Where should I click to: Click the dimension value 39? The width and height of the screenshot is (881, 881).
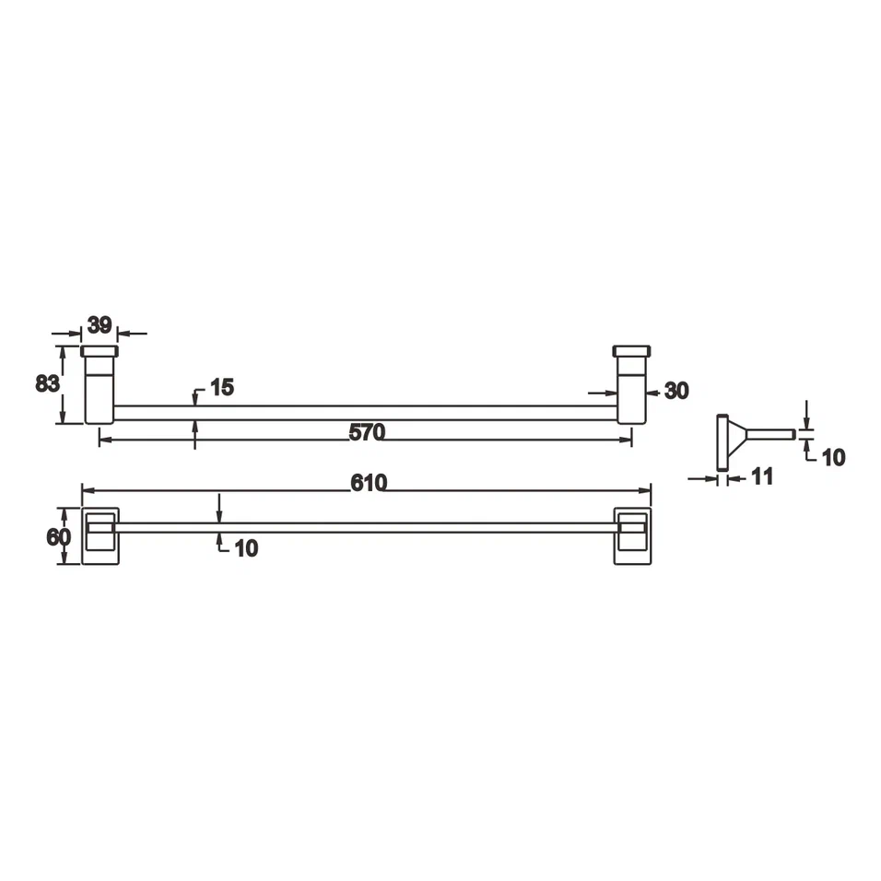coord(100,324)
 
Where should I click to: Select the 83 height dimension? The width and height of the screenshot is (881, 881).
coord(48,382)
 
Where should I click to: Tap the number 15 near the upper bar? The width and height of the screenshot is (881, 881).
coord(221,387)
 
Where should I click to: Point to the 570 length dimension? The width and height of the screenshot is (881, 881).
coord(366,431)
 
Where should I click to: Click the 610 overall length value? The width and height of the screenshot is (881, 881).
coord(368,482)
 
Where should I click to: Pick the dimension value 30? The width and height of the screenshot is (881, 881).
coord(675,391)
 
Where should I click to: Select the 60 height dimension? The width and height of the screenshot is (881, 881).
coord(59,536)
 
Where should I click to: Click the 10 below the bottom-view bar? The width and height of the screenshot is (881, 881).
coord(245,548)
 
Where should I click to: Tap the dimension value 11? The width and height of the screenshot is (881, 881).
coord(760,476)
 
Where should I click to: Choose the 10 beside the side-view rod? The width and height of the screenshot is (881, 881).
coord(832,456)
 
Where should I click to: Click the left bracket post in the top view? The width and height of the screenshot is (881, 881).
coord(99,390)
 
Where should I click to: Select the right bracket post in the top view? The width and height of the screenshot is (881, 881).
coord(631,390)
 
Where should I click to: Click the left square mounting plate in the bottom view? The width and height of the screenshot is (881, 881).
coord(100,535)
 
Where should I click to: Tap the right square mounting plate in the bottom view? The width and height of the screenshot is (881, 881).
coord(632,535)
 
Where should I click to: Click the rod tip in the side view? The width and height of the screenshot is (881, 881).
coord(791,434)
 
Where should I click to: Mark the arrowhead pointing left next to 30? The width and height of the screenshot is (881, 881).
coord(652,393)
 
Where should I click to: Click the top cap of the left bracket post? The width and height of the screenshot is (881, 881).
coord(99,351)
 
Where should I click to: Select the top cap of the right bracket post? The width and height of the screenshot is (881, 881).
coord(631,351)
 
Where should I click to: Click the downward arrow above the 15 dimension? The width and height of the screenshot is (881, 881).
coord(195,397)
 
